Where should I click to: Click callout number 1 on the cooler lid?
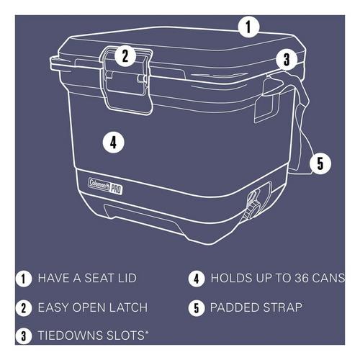coord(248,28)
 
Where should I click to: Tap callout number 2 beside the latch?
coord(125,55)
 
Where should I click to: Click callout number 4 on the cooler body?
coord(112,142)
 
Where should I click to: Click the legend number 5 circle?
coord(196,308)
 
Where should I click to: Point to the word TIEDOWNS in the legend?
coord(68,336)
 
